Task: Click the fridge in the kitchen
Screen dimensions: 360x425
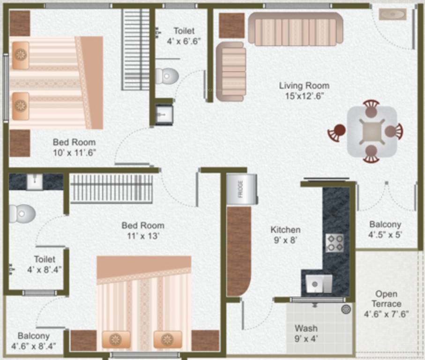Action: coord(241,189)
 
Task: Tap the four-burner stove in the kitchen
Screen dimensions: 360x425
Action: coord(335,242)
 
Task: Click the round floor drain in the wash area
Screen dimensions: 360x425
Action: coord(346,309)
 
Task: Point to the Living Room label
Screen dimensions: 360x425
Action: coord(304,86)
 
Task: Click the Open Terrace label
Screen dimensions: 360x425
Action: coord(386,299)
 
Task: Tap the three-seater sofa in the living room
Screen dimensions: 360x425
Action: coord(295,29)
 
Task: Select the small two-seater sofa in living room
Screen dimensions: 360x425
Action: coord(231,71)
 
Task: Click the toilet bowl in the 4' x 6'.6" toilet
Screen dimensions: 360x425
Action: coord(166,76)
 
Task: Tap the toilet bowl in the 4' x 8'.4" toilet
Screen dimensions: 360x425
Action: coord(22,213)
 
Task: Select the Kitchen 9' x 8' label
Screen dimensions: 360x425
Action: coord(285,234)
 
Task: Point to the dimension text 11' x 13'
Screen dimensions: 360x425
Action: coord(143,236)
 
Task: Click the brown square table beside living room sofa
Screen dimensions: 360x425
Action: coord(231,25)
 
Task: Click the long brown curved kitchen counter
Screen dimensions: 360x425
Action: coord(239,251)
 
